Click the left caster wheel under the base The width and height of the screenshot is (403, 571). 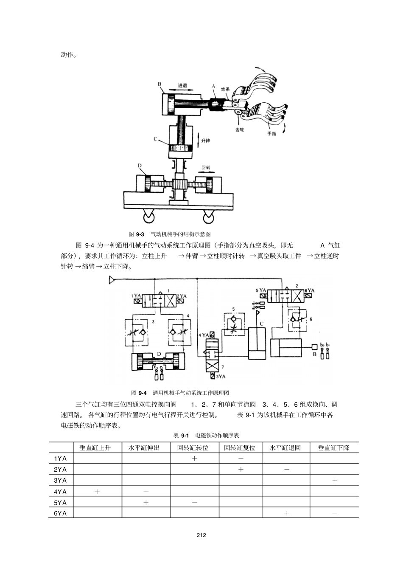149,218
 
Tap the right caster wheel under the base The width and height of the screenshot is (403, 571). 208,218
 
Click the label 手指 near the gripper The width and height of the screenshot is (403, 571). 271,134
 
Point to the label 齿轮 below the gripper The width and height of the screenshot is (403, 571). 239,129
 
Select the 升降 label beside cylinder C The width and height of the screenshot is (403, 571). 206,141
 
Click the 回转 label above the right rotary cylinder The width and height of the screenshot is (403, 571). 206,168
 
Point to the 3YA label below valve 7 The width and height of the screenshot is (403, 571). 221,376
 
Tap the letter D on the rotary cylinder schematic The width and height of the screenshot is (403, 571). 159,353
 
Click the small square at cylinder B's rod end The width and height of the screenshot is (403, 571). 314,347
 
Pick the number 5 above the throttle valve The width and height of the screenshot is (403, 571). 233,309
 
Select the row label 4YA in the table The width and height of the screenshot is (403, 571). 60,492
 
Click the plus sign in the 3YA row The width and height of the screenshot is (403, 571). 334,481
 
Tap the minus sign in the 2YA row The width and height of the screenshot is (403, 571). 286,470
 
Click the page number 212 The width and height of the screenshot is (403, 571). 201,535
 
